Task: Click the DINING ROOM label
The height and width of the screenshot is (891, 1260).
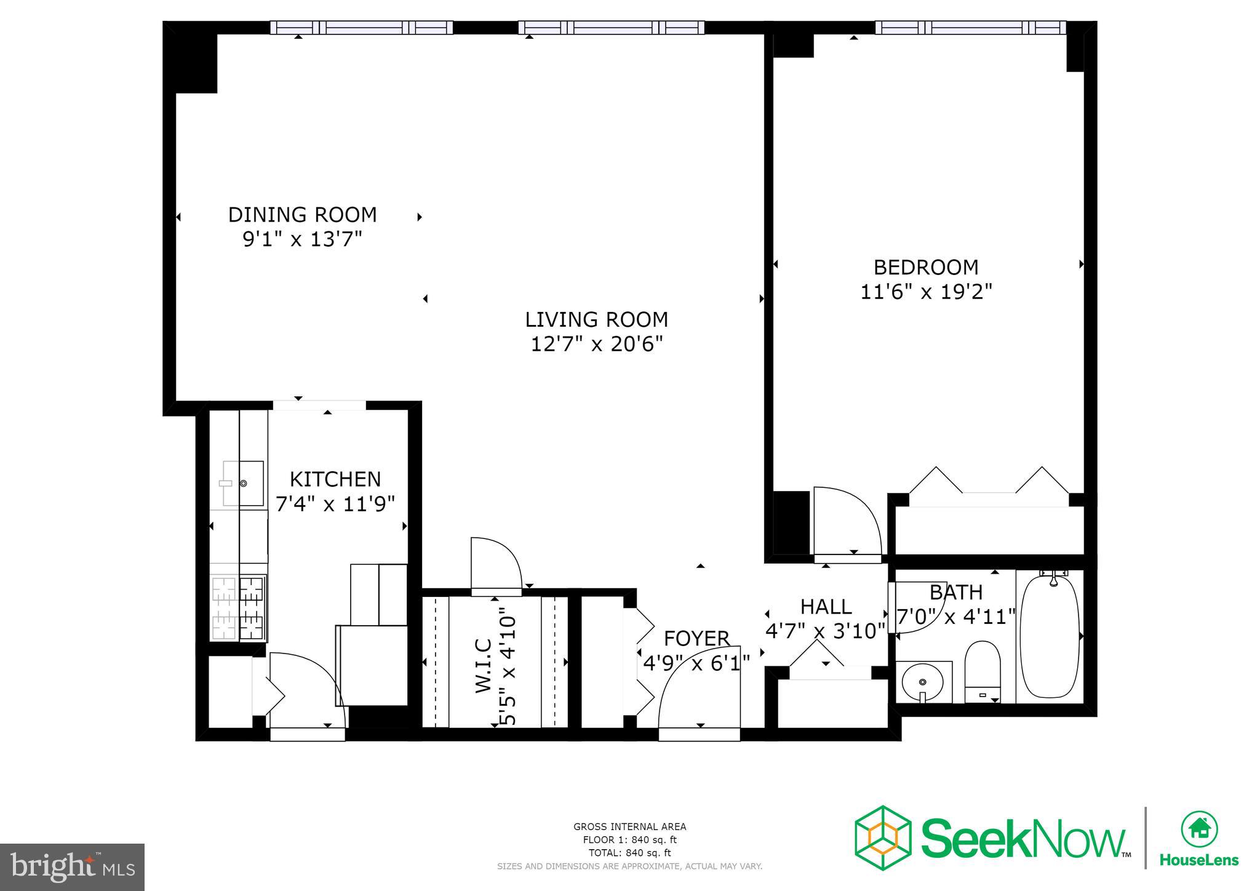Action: click(302, 215)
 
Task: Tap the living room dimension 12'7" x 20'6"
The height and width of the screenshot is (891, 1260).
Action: click(596, 344)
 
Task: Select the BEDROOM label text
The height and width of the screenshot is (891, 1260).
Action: click(925, 267)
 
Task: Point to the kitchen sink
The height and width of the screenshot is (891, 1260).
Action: click(244, 484)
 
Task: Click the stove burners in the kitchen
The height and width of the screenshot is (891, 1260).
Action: click(239, 607)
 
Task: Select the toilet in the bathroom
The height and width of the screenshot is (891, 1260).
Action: click(982, 671)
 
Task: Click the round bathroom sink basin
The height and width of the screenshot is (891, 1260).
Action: click(922, 682)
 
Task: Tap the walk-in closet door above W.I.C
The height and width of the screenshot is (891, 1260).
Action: click(495, 563)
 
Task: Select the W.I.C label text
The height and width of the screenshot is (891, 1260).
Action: click(484, 666)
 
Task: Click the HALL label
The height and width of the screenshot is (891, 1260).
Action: click(826, 607)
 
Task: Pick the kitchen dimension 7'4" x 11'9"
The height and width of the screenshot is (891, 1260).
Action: click(335, 504)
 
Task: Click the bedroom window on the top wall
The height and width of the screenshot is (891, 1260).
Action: click(970, 28)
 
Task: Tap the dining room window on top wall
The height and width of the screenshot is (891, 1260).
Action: click(362, 28)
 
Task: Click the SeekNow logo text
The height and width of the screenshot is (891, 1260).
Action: click(1022, 838)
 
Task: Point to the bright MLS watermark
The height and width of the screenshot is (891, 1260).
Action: click(72, 867)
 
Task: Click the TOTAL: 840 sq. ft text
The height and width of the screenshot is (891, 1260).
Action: click(629, 853)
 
